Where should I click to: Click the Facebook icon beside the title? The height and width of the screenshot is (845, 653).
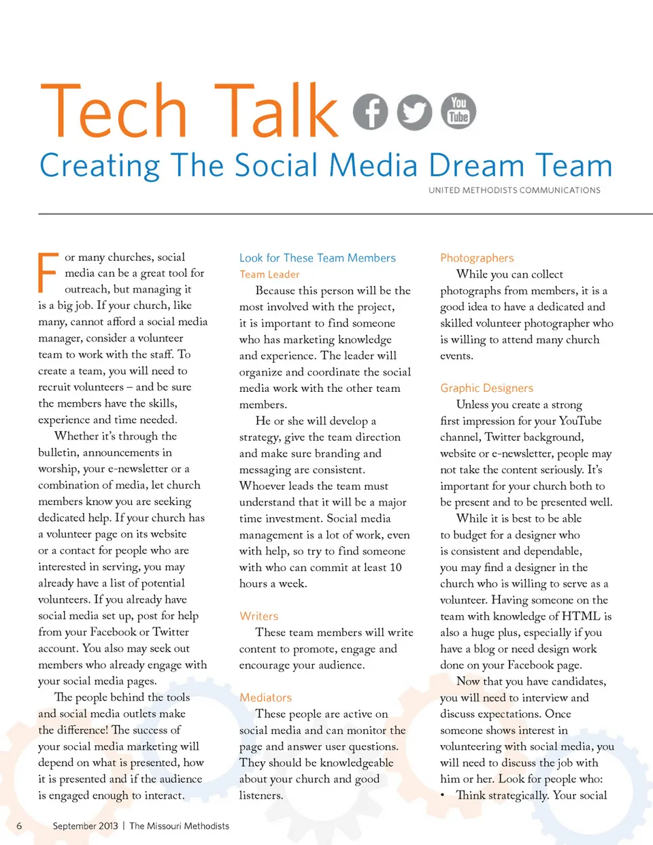(371, 112)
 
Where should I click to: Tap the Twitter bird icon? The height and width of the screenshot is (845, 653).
(414, 112)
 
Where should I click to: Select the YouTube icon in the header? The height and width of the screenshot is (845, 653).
(458, 110)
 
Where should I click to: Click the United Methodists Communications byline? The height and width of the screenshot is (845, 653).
(514, 190)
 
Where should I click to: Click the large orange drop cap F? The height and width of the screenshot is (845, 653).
(48, 273)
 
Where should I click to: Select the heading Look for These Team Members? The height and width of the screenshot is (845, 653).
(317, 258)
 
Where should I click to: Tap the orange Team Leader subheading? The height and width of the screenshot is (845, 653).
(269, 274)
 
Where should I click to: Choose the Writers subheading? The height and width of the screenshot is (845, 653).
(258, 616)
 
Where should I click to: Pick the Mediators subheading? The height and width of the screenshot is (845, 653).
(265, 697)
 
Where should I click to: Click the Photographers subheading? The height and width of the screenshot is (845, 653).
(477, 258)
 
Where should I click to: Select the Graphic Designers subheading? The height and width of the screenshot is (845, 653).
(486, 388)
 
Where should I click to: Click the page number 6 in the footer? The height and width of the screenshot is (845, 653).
(19, 826)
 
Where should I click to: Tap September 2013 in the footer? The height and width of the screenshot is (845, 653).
(85, 826)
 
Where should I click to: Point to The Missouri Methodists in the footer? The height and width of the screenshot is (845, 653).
(179, 826)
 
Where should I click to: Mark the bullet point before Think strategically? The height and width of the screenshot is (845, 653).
(443, 795)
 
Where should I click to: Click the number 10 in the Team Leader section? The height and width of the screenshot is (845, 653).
(395, 567)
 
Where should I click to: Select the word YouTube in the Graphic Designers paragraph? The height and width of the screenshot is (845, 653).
(580, 420)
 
